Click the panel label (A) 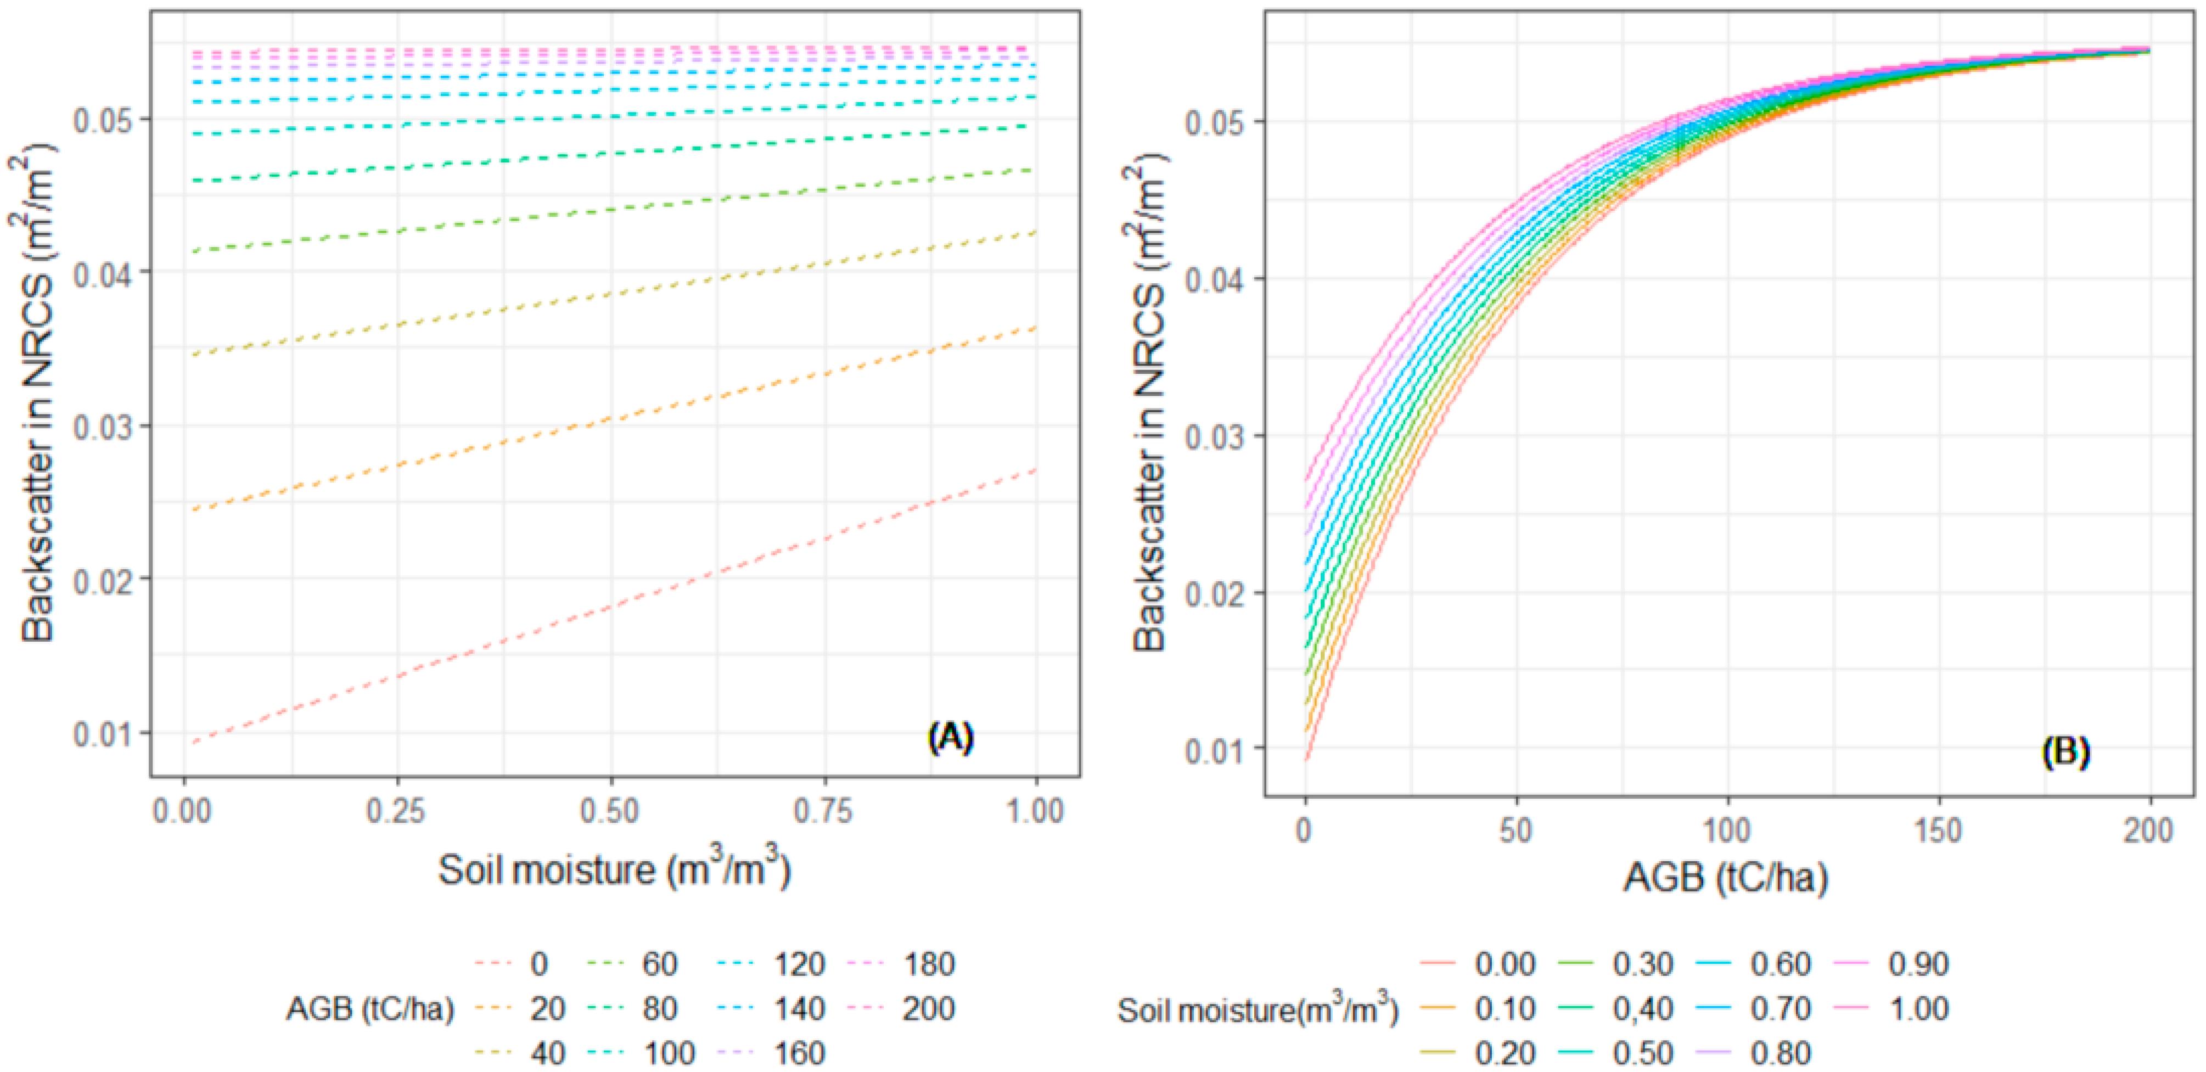pyautogui.click(x=950, y=737)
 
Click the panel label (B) pyautogui.click(x=2065, y=752)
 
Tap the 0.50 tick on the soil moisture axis pyautogui.click(x=610, y=811)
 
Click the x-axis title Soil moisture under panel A pyautogui.click(x=613, y=870)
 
